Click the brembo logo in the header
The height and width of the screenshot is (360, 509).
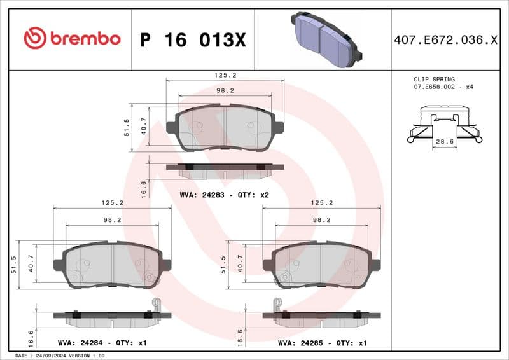pos(72,38)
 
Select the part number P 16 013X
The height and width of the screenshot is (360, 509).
pos(193,40)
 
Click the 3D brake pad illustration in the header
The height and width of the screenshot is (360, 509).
pos(324,39)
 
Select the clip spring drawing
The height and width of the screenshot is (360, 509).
pos(444,125)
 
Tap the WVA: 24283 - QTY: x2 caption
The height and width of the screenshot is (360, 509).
pos(224,195)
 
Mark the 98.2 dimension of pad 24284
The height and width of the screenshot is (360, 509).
pos(112,219)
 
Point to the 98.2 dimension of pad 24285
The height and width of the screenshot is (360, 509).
pos(321,219)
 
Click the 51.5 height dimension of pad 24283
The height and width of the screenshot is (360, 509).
pos(127,127)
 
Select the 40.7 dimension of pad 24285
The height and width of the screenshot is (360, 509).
pos(240,264)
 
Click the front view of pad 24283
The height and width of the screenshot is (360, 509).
pos(225,127)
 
